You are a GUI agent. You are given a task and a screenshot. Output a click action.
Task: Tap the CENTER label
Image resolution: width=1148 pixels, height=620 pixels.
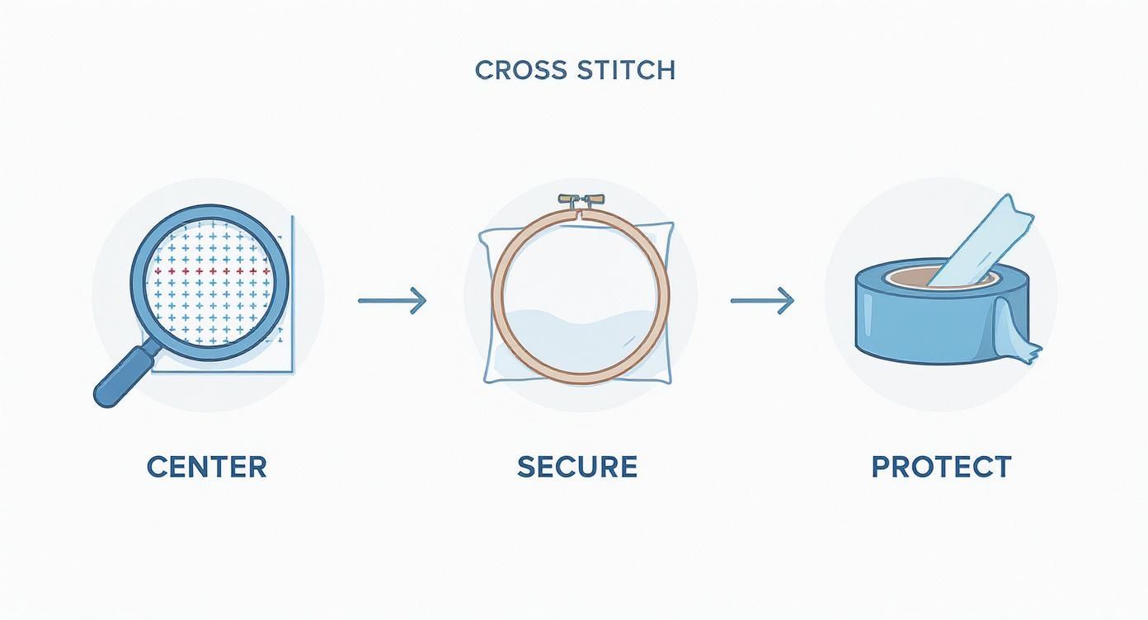coord(207,467)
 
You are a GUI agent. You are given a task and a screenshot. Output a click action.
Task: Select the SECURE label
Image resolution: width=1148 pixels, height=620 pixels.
coord(577,467)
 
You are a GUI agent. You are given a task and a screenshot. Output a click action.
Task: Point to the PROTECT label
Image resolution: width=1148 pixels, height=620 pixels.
coord(941,467)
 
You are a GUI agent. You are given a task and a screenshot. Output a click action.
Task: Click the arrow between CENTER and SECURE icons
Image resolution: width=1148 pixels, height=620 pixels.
coord(392,300)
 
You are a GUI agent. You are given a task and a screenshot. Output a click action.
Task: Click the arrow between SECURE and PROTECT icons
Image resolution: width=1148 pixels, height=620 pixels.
coord(762,300)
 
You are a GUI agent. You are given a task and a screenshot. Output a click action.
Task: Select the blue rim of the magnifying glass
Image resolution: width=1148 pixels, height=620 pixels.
coord(136,280)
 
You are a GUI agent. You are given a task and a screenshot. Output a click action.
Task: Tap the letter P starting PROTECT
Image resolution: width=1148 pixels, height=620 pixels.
coord(881,467)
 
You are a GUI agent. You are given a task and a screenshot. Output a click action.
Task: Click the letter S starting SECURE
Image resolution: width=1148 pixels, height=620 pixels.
coord(525,467)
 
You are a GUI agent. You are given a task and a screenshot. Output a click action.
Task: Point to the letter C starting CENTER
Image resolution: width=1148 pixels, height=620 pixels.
coord(156,467)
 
